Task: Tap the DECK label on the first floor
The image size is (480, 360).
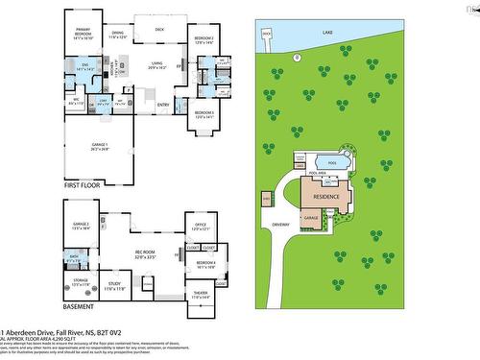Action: (158, 30)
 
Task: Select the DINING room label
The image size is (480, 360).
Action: (117, 34)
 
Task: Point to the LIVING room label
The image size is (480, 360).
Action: (156, 64)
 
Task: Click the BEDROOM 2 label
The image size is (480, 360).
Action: (204, 38)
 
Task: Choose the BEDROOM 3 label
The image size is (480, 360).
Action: (204, 114)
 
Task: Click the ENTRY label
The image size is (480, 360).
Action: (163, 104)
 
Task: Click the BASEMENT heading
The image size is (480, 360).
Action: (78, 307)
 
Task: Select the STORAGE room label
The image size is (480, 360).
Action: (80, 282)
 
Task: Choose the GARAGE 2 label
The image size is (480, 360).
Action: (80, 225)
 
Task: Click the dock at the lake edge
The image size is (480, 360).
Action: (266, 34)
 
